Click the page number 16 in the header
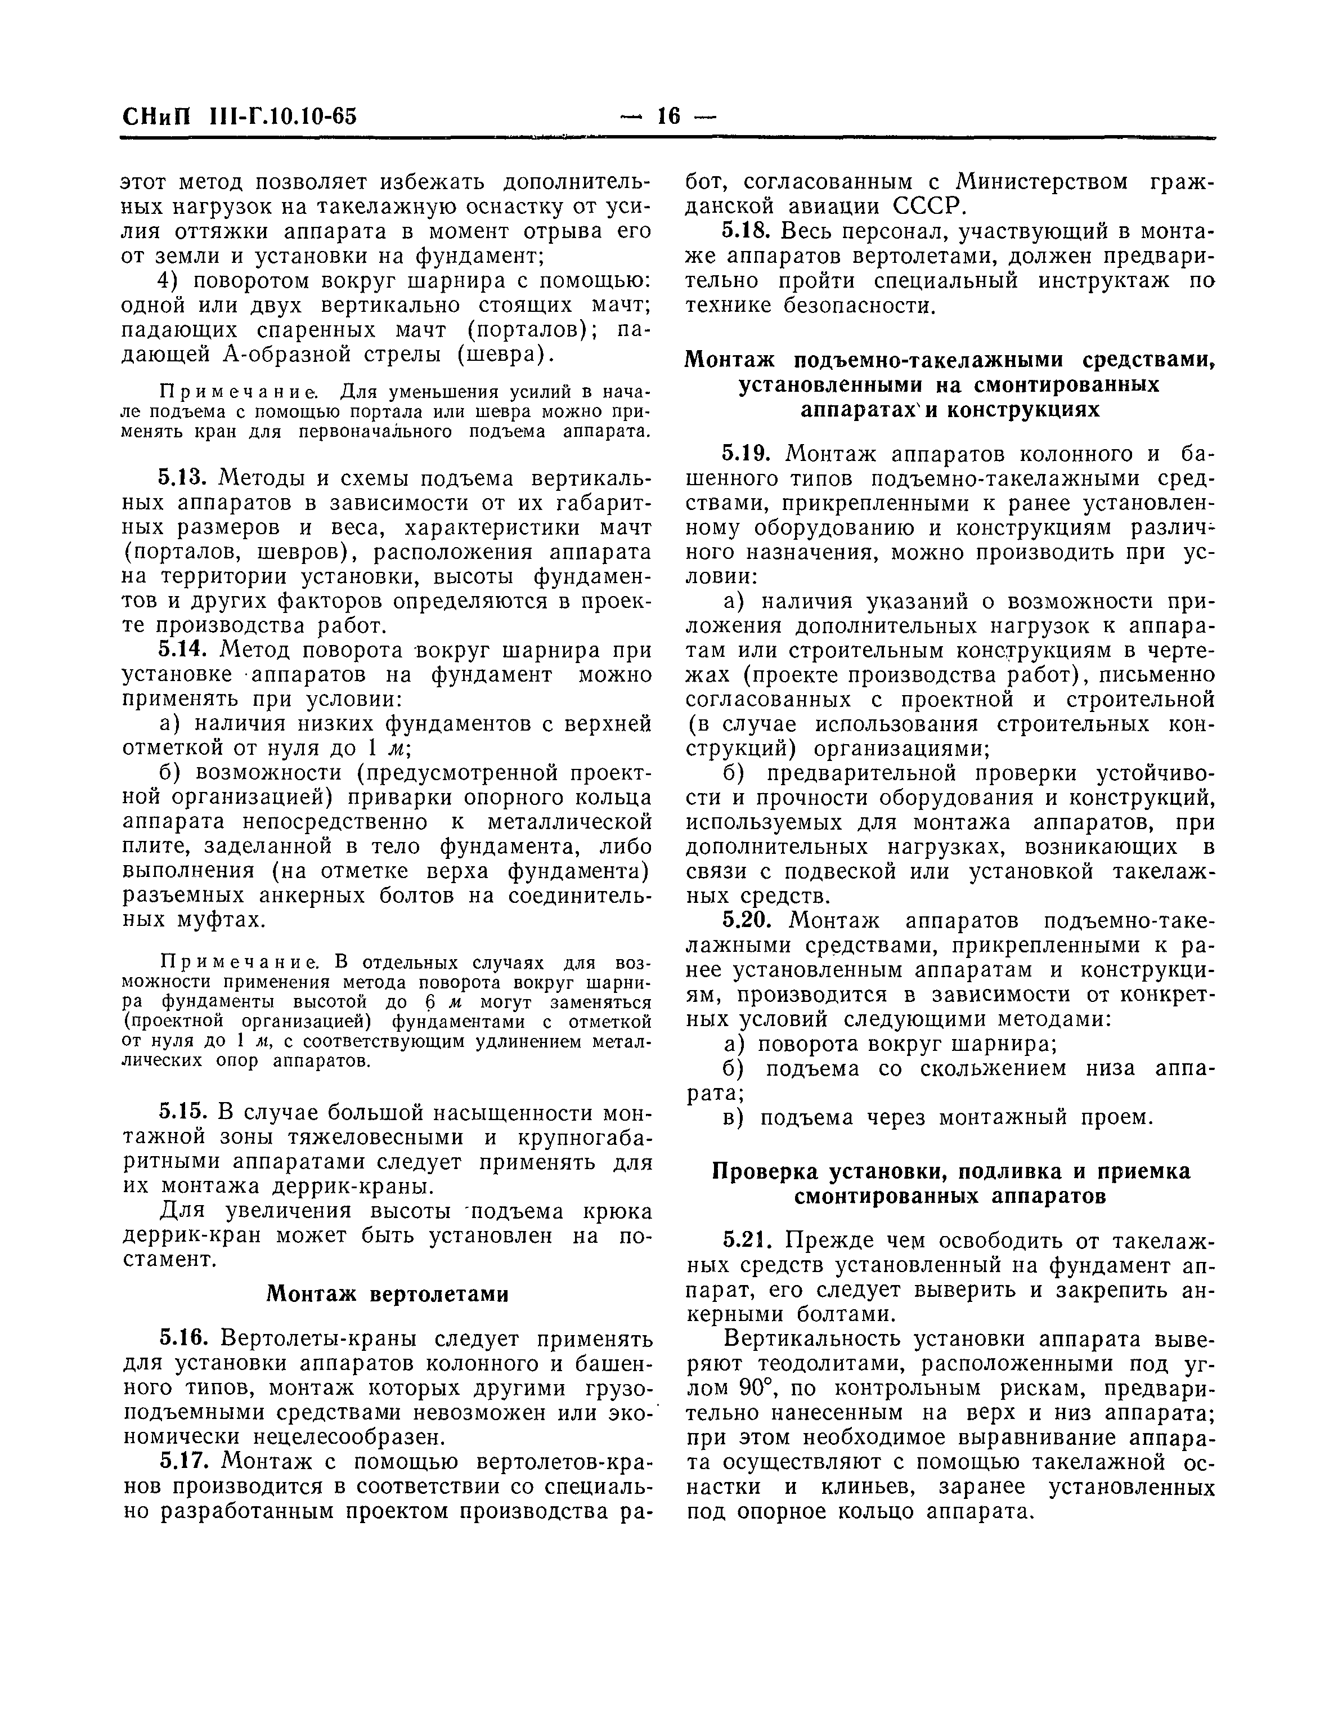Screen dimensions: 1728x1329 click(x=668, y=117)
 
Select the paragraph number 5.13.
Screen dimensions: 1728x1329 click(x=181, y=478)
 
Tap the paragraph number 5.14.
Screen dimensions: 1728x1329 click(x=181, y=650)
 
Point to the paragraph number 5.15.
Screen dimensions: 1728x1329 click(x=181, y=1112)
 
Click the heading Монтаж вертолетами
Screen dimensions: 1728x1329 click(x=387, y=1293)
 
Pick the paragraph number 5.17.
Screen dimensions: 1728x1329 click(x=181, y=1460)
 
